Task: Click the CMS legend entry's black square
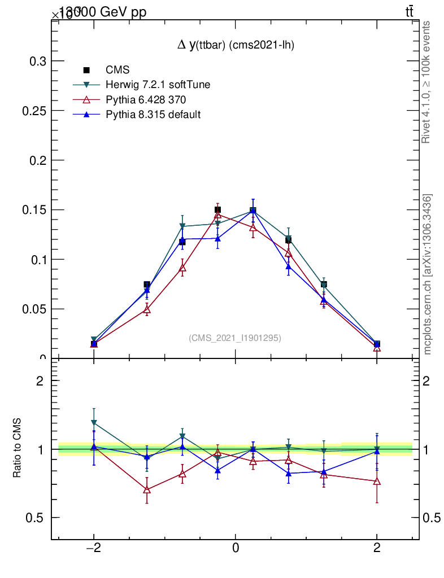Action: (86, 71)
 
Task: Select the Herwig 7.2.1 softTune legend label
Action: (158, 85)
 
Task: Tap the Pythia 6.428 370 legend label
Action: (146, 100)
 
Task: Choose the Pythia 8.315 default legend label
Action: (153, 115)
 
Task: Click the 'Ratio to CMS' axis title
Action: (18, 449)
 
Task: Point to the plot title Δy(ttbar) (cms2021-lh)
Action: (236, 45)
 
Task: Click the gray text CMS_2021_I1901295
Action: (235, 338)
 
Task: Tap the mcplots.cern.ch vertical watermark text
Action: (428, 274)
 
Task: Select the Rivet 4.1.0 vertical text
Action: (426, 82)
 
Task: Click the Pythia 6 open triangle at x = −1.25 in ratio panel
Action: (147, 489)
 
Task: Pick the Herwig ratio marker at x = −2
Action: (94, 422)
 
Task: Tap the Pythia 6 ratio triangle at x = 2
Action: (377, 481)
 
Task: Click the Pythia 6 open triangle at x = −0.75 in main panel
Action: (182, 268)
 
